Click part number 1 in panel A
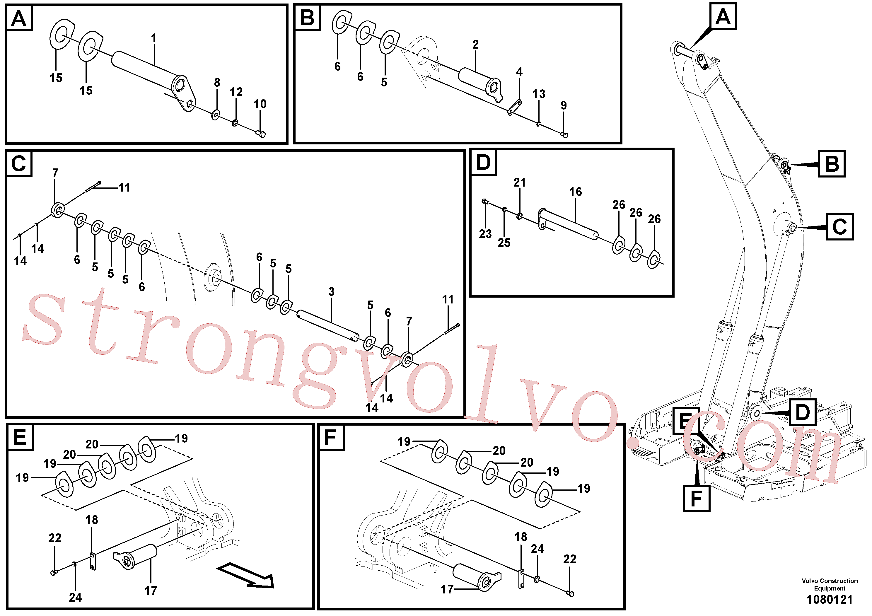click(153, 38)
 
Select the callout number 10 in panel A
click(260, 104)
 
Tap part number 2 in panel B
click(475, 45)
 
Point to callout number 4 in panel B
click(519, 71)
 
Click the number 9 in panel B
click(564, 105)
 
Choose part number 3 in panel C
click(331, 292)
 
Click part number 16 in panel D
click(575, 192)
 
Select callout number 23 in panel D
click(485, 234)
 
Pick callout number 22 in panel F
click(570, 559)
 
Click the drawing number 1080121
click(830, 600)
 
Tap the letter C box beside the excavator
click(840, 227)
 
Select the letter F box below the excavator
click(697, 498)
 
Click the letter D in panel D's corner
click(483, 162)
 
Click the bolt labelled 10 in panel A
click(260, 133)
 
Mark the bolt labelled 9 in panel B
click(564, 135)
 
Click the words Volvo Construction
click(830, 581)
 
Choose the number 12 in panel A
click(236, 92)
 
